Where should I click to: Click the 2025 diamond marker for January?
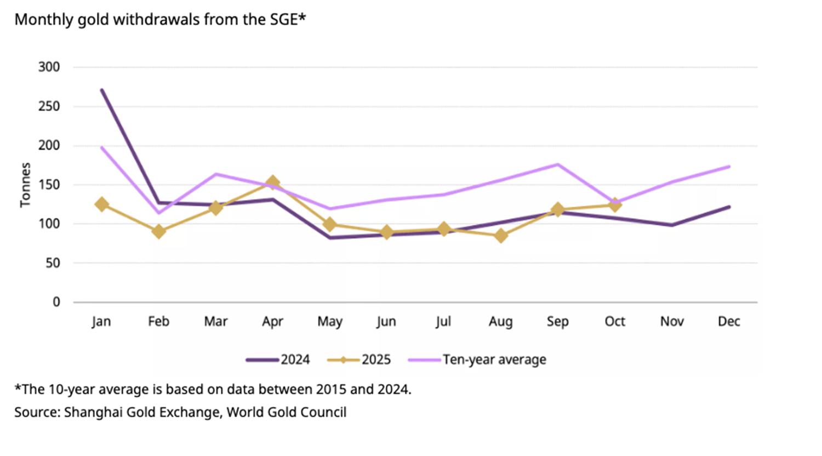point(101,204)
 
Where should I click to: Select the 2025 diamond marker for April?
point(272,183)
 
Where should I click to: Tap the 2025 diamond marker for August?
point(500,236)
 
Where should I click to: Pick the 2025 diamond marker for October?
point(615,205)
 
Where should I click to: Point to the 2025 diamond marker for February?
point(159,231)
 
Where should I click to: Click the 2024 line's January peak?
point(102,90)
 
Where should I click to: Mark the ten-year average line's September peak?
point(557,164)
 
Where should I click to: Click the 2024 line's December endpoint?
point(729,207)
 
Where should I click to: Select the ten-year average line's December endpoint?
point(729,167)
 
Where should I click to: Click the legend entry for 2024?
point(278,360)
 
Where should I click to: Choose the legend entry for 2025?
point(359,360)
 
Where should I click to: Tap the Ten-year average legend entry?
point(478,360)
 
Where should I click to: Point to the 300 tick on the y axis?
point(49,67)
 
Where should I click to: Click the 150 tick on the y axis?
point(49,185)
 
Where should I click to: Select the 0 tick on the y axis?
point(56,302)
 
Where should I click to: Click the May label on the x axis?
point(329,322)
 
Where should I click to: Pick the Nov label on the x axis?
point(672,322)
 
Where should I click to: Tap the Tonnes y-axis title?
point(25,185)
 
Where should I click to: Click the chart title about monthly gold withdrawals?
point(159,20)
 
